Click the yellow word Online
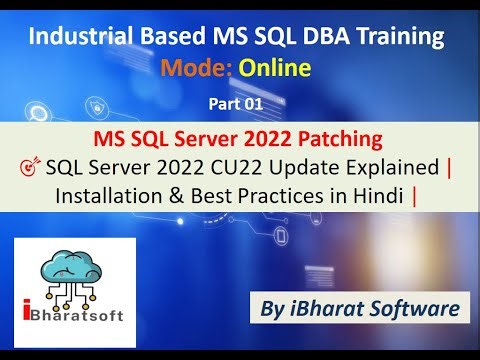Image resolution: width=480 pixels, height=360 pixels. (x=273, y=68)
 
